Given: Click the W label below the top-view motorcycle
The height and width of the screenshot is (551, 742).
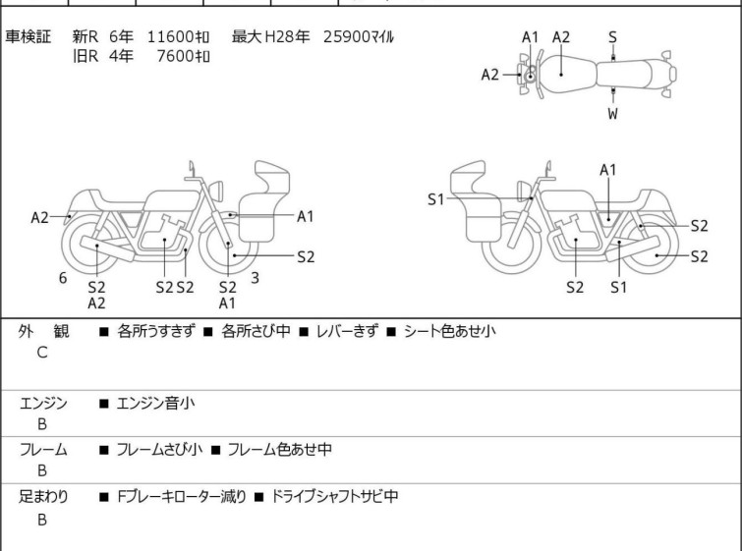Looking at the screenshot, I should (612, 114).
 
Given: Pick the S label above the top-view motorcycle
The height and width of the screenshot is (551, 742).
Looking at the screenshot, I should (612, 37).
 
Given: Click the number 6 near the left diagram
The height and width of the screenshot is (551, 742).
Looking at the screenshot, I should (63, 278).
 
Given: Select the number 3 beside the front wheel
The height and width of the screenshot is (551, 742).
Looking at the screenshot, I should (255, 278).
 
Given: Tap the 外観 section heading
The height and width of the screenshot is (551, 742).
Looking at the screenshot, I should (42, 332).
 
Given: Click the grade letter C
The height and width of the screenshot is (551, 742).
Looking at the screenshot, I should (42, 353).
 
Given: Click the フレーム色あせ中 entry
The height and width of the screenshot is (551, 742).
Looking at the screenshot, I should (279, 450).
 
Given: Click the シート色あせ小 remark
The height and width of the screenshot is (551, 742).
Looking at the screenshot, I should (449, 332).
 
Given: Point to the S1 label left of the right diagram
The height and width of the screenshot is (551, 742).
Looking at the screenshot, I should (436, 199).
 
